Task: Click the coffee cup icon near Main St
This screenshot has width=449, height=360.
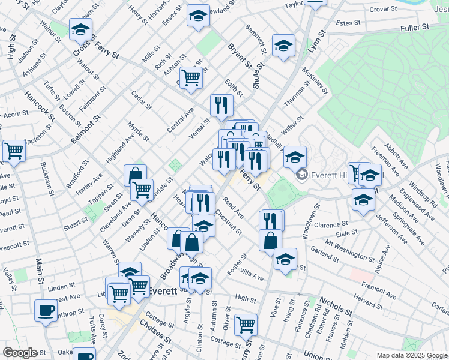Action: coord(46,311)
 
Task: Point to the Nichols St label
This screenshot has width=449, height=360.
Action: coord(336,306)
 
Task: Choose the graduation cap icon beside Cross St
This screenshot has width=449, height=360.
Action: coord(80,28)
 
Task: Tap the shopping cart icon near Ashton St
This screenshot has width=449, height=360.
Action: coord(191,77)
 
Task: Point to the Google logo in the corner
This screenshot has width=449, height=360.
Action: coord(19,353)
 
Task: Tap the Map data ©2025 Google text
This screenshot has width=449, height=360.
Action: coord(412,355)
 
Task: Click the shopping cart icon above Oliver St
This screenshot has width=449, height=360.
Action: coord(246,325)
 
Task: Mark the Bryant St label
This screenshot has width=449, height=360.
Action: coord(239,55)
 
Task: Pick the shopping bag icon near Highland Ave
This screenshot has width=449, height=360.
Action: coord(135,175)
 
